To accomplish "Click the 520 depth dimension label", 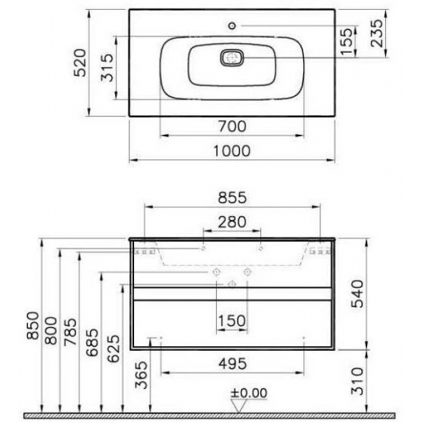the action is [x=80, y=62].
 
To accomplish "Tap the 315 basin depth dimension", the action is [x=107, y=68].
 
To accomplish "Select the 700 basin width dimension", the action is [x=232, y=126].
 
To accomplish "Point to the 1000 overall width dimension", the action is [x=232, y=151].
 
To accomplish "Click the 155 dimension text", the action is [x=346, y=41].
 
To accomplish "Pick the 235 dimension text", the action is [x=376, y=33].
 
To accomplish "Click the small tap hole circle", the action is [x=232, y=26].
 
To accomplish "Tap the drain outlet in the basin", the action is [x=232, y=58].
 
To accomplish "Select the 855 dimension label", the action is [x=232, y=197].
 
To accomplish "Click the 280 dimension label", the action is [x=232, y=222].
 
